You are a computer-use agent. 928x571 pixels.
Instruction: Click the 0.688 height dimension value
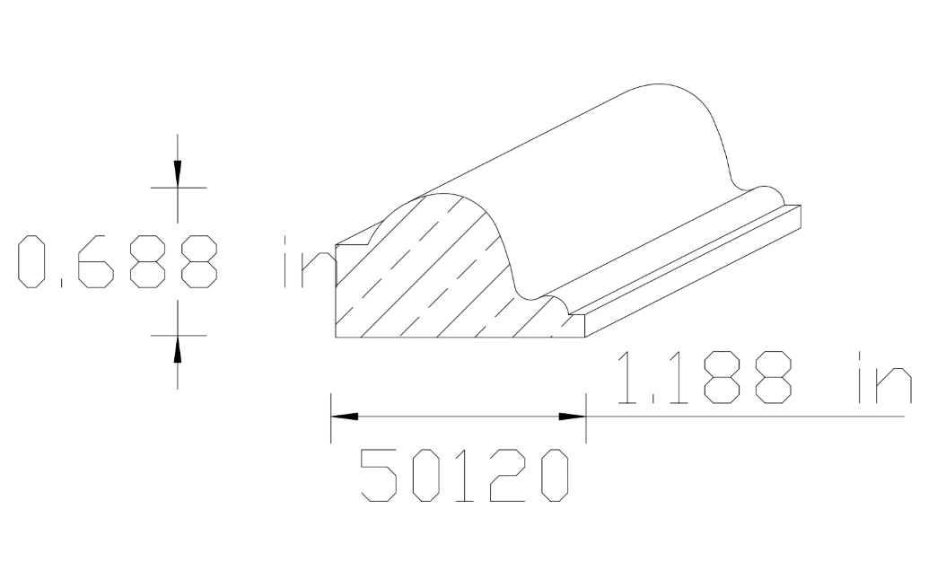[117, 262]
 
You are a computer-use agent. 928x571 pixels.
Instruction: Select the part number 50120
[465, 475]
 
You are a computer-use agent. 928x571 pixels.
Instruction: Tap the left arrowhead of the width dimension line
[345, 417]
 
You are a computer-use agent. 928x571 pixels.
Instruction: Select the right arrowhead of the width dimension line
[572, 417]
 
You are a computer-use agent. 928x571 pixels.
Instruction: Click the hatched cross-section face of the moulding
[431, 278]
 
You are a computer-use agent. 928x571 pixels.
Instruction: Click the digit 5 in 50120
[378, 475]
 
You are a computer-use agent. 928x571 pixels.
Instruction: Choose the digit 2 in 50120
[509, 475]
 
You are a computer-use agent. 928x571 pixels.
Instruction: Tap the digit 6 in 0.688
[94, 262]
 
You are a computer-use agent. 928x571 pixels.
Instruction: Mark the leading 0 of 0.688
[33, 262]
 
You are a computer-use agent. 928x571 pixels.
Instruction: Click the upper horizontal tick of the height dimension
[178, 188]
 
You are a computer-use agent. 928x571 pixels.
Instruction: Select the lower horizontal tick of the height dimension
[178, 335]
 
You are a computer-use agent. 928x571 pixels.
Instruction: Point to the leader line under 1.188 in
[745, 417]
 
